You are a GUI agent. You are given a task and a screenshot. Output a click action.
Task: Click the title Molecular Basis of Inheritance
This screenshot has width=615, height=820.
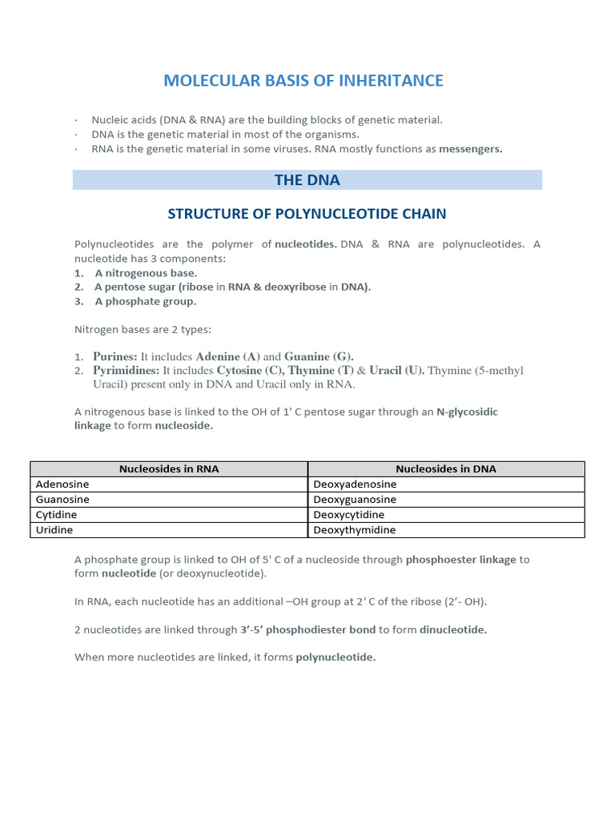[x=303, y=81]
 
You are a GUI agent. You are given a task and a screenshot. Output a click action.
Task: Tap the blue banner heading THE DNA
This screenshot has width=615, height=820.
[x=307, y=180]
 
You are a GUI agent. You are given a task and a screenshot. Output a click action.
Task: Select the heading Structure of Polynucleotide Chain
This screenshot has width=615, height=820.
[x=307, y=214]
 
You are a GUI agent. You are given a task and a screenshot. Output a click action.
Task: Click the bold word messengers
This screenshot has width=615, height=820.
[x=470, y=149]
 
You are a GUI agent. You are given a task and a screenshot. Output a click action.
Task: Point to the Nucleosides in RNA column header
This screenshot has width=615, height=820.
[x=169, y=468]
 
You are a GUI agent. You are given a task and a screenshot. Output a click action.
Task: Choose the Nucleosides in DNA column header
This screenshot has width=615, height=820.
[x=446, y=468]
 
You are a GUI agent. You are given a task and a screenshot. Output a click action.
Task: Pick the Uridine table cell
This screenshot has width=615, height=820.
[x=54, y=530]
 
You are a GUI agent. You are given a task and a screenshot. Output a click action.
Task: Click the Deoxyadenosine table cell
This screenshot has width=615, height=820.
[x=355, y=484]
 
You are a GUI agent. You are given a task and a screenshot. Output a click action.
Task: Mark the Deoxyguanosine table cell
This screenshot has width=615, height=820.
[x=355, y=500]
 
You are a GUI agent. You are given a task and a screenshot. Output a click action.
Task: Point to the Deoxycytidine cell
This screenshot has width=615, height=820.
[x=348, y=515]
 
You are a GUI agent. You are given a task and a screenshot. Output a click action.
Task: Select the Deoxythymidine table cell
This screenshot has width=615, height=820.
[x=354, y=530]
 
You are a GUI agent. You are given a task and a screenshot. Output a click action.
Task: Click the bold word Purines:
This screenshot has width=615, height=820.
[x=116, y=356]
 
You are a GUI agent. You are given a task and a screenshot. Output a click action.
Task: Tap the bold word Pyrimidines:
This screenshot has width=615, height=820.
[x=127, y=371]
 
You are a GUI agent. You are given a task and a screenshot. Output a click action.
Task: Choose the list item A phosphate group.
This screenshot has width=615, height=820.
[x=145, y=302]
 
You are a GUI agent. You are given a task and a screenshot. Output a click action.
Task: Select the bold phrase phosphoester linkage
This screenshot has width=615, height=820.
[x=460, y=560]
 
